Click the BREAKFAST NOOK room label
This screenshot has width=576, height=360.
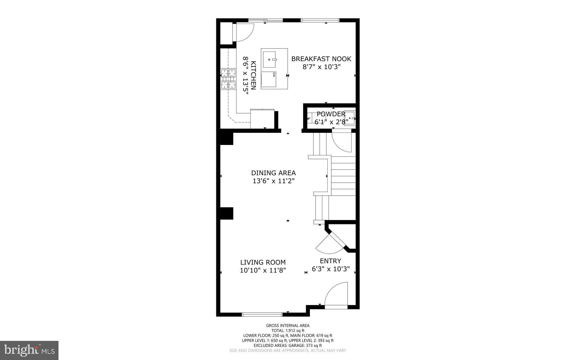click(x=321, y=59)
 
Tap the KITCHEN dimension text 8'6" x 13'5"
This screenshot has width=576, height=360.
click(x=246, y=75)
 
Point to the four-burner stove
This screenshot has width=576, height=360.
click(x=228, y=79)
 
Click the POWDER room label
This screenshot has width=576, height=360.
click(x=331, y=114)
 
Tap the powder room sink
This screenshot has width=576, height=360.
click(x=350, y=118)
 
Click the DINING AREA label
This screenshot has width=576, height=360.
click(x=273, y=173)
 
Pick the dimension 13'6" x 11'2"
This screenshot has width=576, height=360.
click(x=273, y=181)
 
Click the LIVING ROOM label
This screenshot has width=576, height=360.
click(x=263, y=262)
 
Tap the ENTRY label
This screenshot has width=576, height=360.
click(x=330, y=261)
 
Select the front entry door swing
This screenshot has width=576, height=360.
click(x=337, y=294)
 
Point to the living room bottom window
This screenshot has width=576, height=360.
click(x=262, y=314)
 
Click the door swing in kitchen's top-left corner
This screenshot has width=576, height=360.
click(x=244, y=32)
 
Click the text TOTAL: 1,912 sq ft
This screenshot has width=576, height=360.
click(x=288, y=330)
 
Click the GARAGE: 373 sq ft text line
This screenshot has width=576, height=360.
click(x=288, y=345)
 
